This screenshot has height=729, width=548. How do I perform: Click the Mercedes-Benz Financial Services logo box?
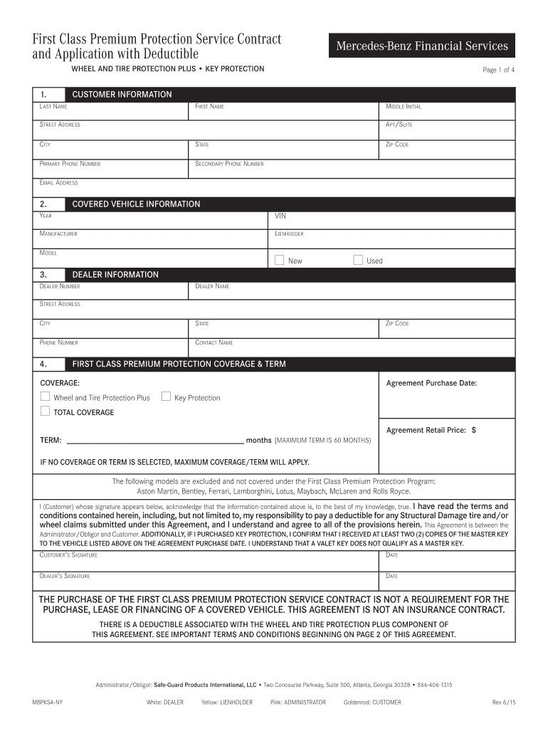[x=422, y=46]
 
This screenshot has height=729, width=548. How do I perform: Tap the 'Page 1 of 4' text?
[x=498, y=70]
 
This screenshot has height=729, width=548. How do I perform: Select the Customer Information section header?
[x=122, y=94]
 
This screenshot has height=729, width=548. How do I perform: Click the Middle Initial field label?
[x=404, y=106]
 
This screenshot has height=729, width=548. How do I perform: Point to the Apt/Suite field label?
[x=399, y=125]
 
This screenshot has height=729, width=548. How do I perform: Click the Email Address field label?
[x=58, y=183]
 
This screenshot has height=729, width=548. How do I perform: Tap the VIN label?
[x=281, y=216]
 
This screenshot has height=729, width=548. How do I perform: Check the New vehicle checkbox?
[x=280, y=260]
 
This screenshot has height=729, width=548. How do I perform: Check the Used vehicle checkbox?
[x=358, y=260]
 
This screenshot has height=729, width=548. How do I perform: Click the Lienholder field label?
[x=289, y=234]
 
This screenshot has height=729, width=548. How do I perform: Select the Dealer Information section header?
[x=115, y=275]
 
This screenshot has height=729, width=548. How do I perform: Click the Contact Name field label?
[x=214, y=342]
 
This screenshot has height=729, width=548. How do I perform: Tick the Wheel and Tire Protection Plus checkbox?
[x=46, y=397]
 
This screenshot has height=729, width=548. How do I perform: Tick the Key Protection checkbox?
[x=167, y=397]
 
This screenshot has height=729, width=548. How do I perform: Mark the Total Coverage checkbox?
[x=46, y=411]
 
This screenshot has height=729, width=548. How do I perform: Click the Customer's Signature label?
[x=68, y=555]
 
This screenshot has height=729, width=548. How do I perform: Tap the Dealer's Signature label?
[x=64, y=576]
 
